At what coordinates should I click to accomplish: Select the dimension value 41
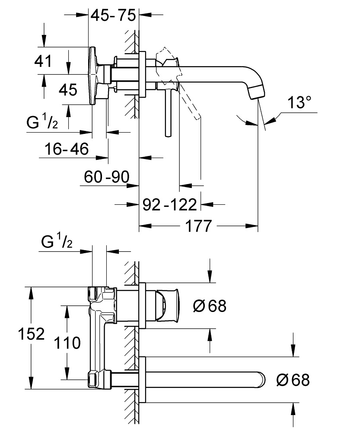tap(43, 61)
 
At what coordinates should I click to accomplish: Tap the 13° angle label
tap(300, 103)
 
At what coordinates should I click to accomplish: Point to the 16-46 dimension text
tap(67, 149)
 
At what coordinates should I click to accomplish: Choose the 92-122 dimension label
tap(169, 203)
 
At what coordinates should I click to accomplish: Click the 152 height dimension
tap(31, 334)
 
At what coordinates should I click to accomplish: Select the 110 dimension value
tap(67, 343)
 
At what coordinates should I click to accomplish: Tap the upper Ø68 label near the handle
tap(210, 306)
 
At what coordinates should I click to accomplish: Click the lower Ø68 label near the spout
tap(293, 380)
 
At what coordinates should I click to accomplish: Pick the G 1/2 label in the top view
tap(42, 123)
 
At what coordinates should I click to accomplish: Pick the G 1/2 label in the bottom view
tap(57, 243)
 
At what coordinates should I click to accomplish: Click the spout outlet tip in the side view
tap(258, 91)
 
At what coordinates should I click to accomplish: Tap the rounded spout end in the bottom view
tap(262, 379)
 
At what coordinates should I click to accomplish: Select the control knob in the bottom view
tap(168, 306)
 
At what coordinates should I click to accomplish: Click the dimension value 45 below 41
tap(68, 90)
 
